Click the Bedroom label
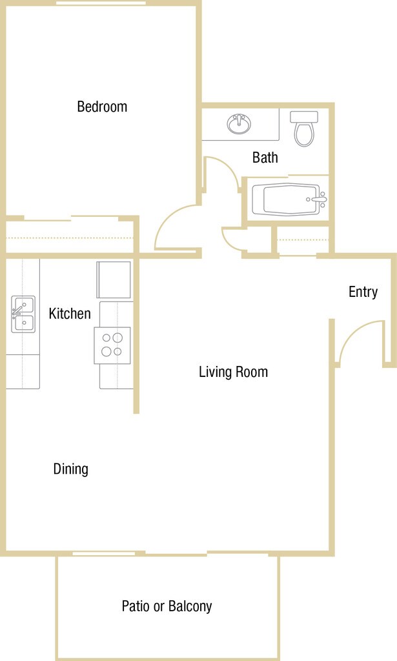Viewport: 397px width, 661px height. [102, 107]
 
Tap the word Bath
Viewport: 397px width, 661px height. [265, 158]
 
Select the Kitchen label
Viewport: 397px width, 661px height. [70, 314]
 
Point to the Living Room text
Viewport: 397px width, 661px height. [234, 372]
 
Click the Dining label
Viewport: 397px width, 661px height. [71, 469]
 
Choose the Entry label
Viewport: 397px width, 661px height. [363, 292]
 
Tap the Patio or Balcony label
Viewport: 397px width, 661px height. [167, 606]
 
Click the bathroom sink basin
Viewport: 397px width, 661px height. [239, 124]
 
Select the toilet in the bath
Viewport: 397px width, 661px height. [304, 128]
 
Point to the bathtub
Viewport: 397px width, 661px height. [290, 199]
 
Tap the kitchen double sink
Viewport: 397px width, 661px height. [23, 314]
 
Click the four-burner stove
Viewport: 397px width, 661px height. [112, 345]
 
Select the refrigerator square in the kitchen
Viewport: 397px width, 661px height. [114, 280]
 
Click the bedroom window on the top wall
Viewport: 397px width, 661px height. [101, 3]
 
